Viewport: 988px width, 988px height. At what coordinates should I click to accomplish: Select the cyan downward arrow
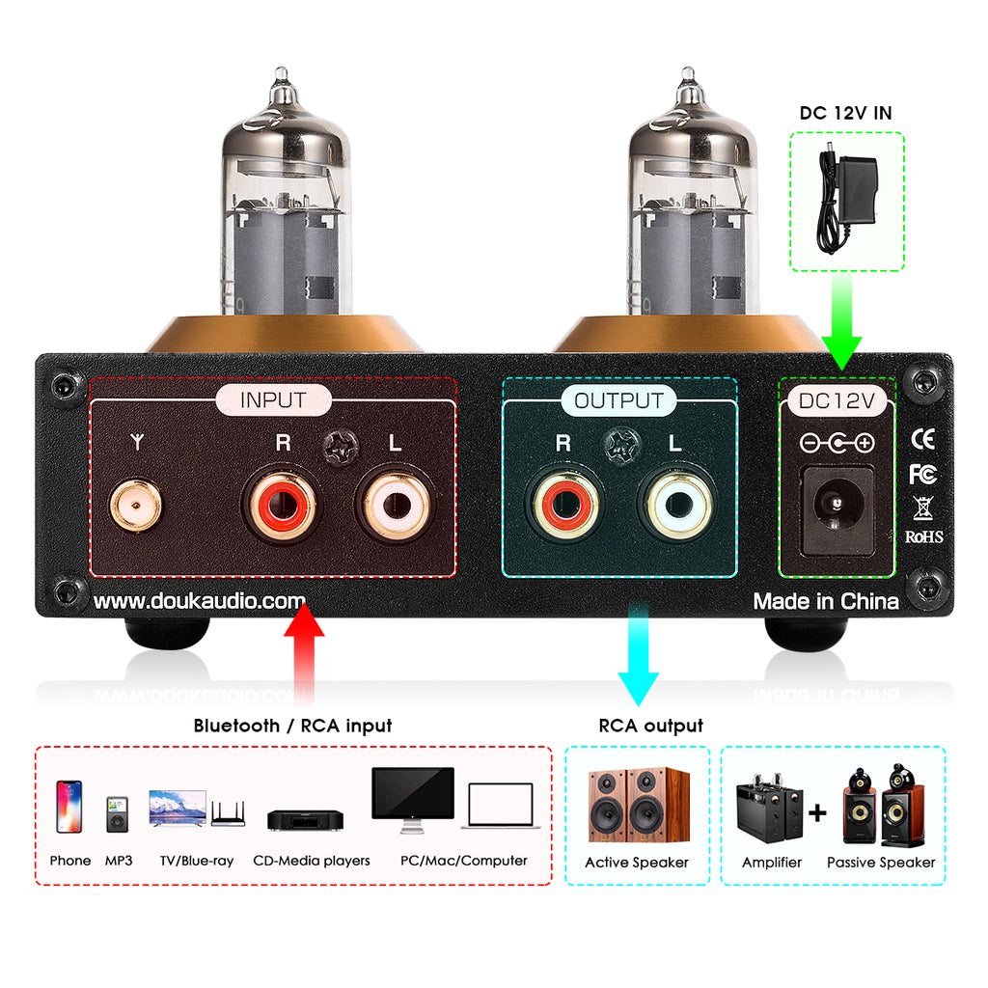[637, 656]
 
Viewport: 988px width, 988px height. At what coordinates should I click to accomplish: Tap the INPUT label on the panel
[273, 400]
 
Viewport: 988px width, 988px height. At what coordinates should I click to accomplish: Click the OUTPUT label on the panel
[618, 400]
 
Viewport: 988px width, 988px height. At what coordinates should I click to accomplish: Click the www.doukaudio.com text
[200, 601]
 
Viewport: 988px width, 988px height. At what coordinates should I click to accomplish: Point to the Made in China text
[826, 601]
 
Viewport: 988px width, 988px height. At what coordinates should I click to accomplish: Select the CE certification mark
[922, 439]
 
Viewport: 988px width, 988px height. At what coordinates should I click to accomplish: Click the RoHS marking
[923, 536]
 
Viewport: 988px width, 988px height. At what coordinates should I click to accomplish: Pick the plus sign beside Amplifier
[818, 813]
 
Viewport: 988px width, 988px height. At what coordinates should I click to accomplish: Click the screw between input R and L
[339, 447]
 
